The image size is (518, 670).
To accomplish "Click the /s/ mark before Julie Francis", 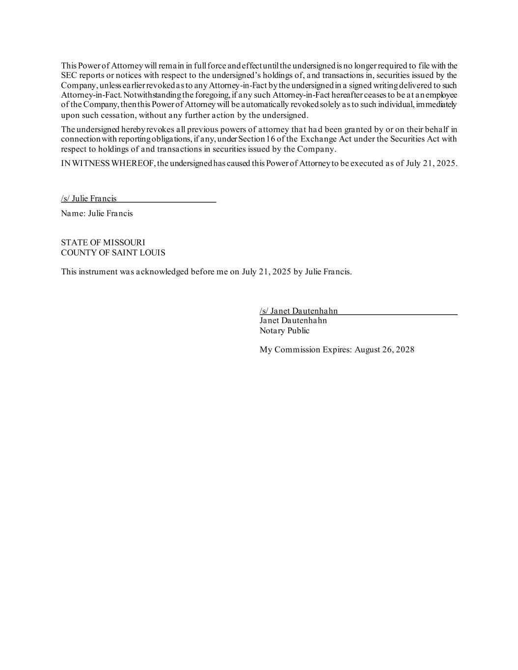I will click(65, 198).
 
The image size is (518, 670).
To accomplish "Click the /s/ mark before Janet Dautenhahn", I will click(264, 311).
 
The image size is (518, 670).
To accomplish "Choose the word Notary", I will click(272, 330).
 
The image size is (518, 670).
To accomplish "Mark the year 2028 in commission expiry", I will click(405, 350).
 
